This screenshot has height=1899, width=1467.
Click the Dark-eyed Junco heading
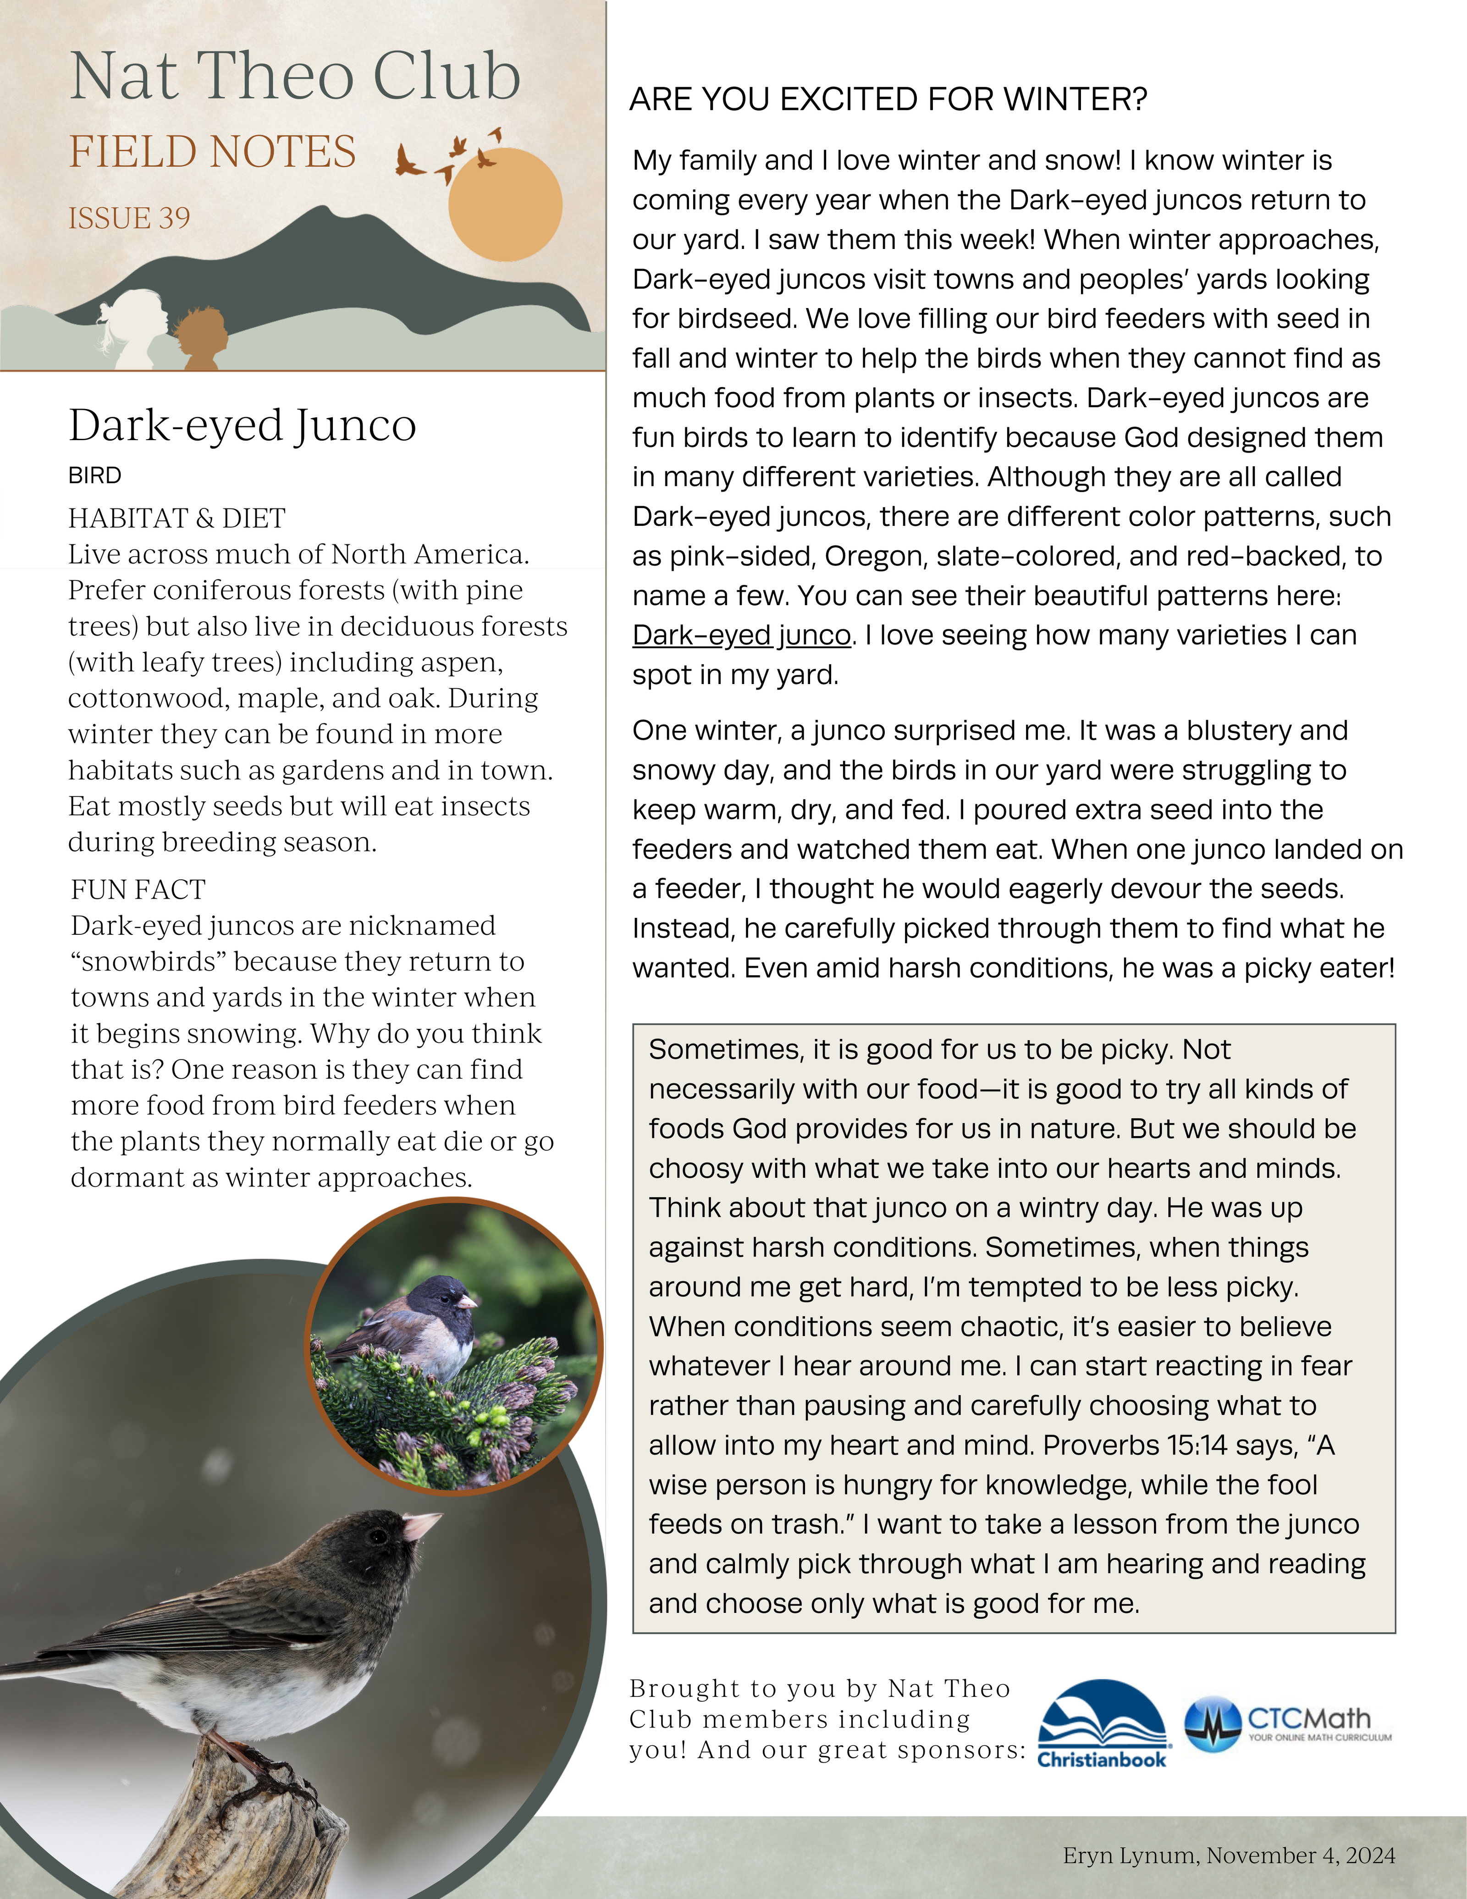coord(243,426)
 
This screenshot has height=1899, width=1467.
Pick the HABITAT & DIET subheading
coord(176,518)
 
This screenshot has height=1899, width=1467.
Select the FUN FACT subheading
coord(138,889)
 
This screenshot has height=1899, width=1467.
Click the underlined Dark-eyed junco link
coord(741,635)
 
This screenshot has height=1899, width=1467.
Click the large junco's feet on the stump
coord(278,1774)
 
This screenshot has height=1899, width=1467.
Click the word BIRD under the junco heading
coord(95,475)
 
